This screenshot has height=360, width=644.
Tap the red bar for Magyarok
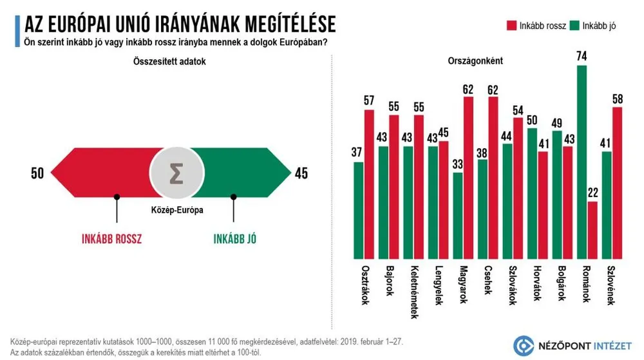pyautogui.click(x=468, y=175)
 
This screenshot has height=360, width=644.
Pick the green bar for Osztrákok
pyautogui.click(x=359, y=207)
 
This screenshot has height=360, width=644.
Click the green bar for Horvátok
pyautogui.click(x=532, y=191)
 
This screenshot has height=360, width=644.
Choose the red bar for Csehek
pyautogui.click(x=493, y=175)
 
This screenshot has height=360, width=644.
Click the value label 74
pyautogui.click(x=582, y=57)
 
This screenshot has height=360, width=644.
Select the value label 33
pyautogui.click(x=457, y=164)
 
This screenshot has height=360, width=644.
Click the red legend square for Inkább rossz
pyautogui.click(x=512, y=26)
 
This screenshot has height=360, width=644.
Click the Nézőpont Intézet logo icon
pyautogui.click(x=524, y=346)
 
